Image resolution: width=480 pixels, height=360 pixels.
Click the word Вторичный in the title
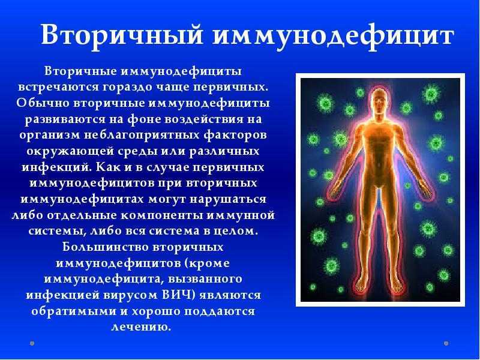click(x=122, y=35)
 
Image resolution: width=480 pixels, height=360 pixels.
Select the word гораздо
click(x=128, y=87)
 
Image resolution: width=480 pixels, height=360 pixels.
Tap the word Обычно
click(x=43, y=103)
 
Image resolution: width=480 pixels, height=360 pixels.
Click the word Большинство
click(x=106, y=247)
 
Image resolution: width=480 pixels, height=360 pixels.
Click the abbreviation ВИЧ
click(x=178, y=295)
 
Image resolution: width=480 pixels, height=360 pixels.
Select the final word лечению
click(x=141, y=327)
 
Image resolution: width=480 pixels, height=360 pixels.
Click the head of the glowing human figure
click(x=379, y=101)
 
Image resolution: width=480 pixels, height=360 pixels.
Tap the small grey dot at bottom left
click(x=32, y=343)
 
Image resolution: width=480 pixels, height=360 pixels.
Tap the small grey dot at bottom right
click(x=446, y=343)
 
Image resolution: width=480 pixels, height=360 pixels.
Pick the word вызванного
click(x=205, y=279)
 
